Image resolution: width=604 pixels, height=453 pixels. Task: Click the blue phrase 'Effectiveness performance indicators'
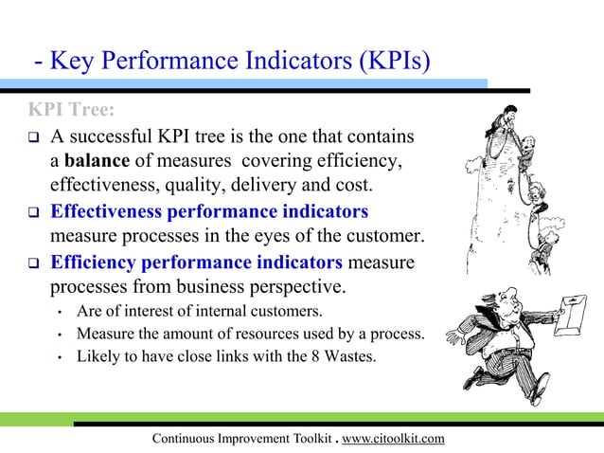[209, 209]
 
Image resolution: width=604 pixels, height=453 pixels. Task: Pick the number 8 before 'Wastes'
[337, 356]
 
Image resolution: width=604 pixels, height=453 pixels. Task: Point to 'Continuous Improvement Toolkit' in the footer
[239, 438]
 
